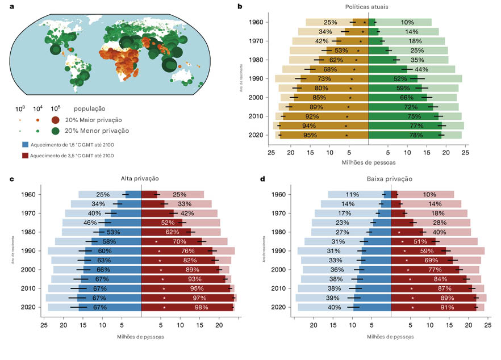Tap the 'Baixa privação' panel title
tap(391, 178)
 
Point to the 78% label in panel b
tap(416, 135)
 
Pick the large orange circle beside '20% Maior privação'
tap(56, 120)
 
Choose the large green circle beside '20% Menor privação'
tap(56, 131)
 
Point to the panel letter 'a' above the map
tap(12, 6)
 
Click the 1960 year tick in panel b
tap(255, 22)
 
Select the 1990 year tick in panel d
tap(278, 251)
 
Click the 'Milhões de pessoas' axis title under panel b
tap(368, 162)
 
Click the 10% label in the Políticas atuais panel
tap(407, 22)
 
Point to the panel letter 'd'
tap(262, 178)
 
